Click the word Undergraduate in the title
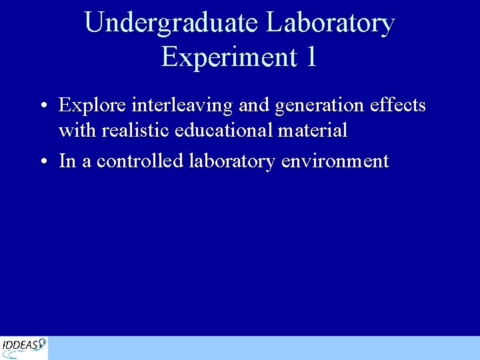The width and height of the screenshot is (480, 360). pyautogui.click(x=171, y=23)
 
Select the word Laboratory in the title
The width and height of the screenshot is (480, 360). pyautogui.click(x=330, y=23)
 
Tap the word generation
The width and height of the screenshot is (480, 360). pyautogui.click(x=317, y=106)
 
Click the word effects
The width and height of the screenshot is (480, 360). pyautogui.click(x=398, y=106)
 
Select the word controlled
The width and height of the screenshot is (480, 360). pyautogui.click(x=141, y=161)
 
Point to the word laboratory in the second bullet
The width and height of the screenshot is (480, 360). pyautogui.click(x=231, y=161)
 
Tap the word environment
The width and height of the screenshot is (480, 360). pyautogui.click(x=335, y=161)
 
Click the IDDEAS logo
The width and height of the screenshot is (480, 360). pyautogui.click(x=24, y=347)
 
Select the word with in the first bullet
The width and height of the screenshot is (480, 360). pyautogui.click(x=77, y=130)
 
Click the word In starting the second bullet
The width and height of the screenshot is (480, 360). pyautogui.click(x=67, y=161)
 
